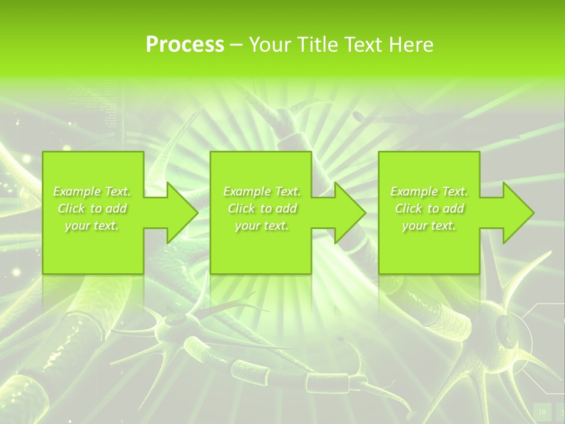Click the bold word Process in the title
[x=185, y=45]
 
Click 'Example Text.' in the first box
[x=92, y=191]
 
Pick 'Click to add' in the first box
[x=92, y=208]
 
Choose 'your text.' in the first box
[x=92, y=226]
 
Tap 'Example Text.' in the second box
[x=262, y=191]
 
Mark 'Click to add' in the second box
[x=262, y=208]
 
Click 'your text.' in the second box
[x=262, y=226]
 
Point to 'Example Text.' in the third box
[x=429, y=191]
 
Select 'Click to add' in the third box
[x=429, y=208]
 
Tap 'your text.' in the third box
[x=429, y=226]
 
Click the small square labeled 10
[x=542, y=411]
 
